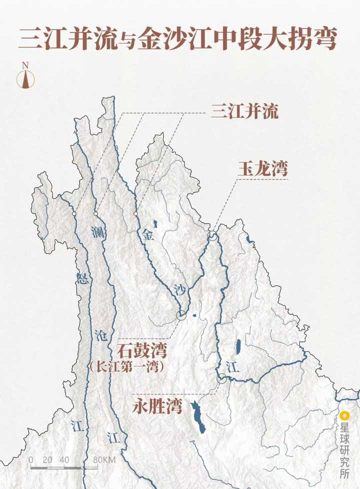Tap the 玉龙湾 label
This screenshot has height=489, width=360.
[262, 169]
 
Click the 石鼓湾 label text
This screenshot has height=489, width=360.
[141, 350]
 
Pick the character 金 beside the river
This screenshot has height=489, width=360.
[147, 235]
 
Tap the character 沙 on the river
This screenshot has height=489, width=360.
[180, 289]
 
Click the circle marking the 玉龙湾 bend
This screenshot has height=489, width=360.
[213, 235]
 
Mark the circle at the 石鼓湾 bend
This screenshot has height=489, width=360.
[181, 315]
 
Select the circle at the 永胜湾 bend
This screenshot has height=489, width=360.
[221, 379]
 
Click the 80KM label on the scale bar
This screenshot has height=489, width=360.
[104, 459]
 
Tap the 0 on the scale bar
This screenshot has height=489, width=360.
[31, 459]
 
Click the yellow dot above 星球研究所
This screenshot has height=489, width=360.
[344, 415]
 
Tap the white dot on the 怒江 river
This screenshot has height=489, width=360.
[74, 213]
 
